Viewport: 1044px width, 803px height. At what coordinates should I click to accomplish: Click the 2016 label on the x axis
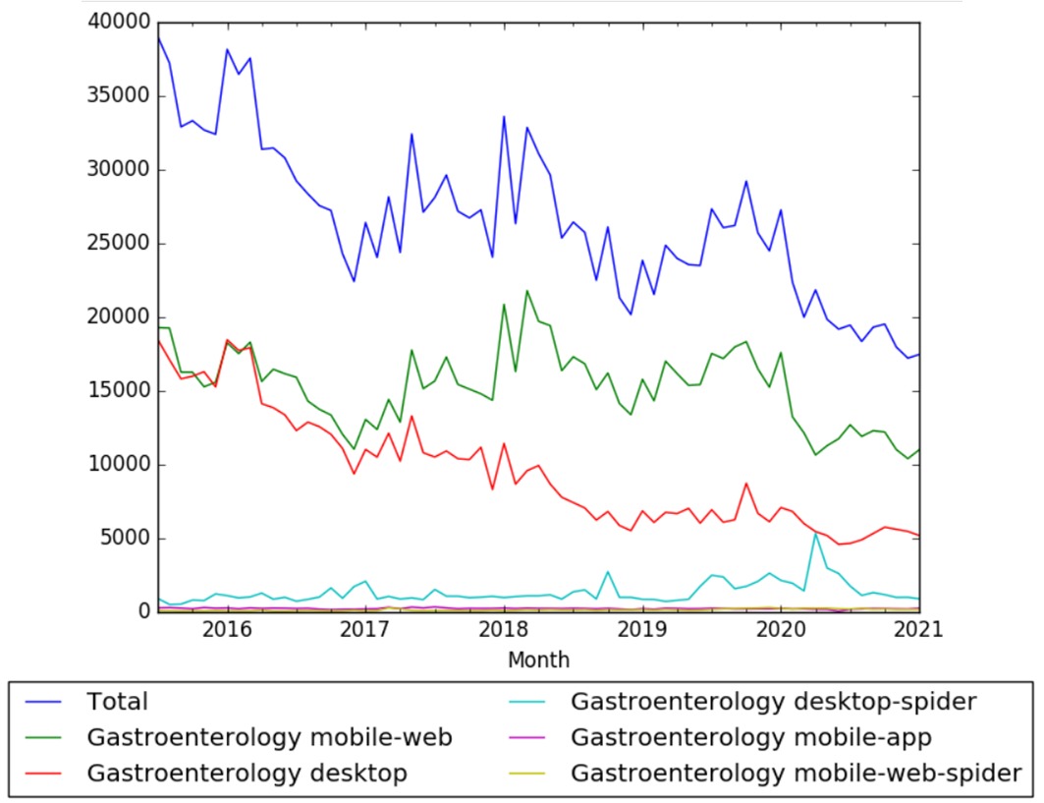coord(228,629)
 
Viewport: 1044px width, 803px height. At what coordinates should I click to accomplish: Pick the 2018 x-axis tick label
coord(504,629)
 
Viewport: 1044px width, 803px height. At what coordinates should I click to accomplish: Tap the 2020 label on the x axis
coord(780,629)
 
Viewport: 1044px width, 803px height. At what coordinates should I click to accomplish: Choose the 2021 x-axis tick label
coord(917,629)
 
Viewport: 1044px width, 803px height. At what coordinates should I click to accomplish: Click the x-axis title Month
coord(538,660)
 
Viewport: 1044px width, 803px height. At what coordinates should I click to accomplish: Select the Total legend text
coord(117,702)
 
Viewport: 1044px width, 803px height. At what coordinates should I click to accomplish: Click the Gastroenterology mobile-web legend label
coord(269,737)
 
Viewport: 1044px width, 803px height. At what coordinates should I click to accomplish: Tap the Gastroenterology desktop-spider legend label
coord(773,702)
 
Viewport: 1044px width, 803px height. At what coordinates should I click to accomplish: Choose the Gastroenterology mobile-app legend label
coord(751,737)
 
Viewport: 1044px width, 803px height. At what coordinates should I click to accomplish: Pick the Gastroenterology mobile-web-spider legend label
coord(796,774)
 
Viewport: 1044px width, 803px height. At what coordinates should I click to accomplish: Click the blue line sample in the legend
coord(47,702)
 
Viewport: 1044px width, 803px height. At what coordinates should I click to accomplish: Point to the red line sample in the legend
coord(47,774)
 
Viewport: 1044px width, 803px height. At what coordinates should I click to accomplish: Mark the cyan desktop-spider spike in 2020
coord(815,534)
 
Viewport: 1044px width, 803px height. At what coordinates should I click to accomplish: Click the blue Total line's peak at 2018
coord(504,117)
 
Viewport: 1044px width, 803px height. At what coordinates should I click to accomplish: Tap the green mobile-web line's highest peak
coord(527,291)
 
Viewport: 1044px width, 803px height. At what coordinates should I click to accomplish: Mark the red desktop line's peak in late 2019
coord(746,483)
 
